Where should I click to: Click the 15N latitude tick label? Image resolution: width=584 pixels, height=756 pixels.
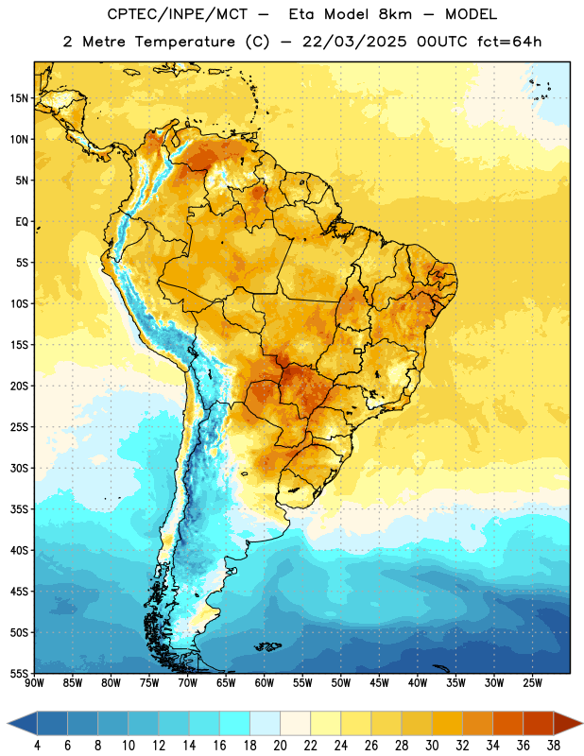point(19,98)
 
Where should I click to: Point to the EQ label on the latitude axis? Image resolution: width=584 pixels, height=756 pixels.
point(22,222)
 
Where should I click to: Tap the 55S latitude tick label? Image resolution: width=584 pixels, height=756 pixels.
point(19,673)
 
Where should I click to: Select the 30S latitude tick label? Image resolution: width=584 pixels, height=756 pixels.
point(19,468)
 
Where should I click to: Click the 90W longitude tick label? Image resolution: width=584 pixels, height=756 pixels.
point(35,683)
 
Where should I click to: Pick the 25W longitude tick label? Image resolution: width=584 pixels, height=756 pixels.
point(532,683)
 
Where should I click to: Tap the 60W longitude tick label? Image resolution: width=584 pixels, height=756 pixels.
point(265,683)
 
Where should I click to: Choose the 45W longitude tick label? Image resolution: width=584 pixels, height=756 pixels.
point(380,683)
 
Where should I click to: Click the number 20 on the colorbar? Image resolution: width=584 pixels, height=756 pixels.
point(280,746)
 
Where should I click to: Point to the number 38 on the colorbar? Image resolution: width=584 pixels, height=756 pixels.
point(554,746)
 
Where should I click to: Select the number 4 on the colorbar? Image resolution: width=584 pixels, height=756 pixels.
point(37,746)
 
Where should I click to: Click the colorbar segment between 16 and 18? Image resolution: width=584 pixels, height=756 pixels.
point(235,723)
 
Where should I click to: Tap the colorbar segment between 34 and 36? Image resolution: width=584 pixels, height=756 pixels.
point(507,723)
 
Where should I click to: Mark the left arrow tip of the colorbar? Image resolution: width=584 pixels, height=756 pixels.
point(8,723)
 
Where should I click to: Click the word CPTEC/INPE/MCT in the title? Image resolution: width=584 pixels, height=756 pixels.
point(178,15)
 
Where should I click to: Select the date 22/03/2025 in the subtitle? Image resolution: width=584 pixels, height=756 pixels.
point(354,42)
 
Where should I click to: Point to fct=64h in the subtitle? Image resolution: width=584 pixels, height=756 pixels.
point(509,42)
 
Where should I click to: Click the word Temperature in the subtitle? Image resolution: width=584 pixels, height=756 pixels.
point(184,42)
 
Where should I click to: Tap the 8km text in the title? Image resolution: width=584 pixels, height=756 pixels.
point(395,15)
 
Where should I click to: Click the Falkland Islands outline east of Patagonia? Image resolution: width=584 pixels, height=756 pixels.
point(268,646)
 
